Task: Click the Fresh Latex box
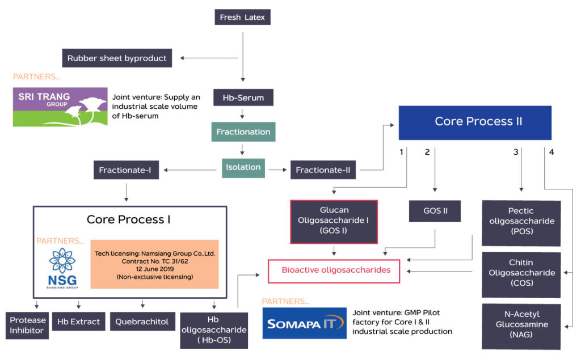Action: tap(242, 18)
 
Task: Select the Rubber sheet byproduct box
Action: tap(117, 58)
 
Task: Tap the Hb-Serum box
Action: tap(243, 98)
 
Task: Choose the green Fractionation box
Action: tap(243, 132)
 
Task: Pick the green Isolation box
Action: tap(243, 167)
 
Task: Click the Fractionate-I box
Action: tap(125, 170)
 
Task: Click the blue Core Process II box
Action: tap(474, 122)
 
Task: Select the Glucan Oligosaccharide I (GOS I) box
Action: tap(334, 221)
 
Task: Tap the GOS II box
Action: tap(435, 211)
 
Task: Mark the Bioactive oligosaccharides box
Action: tap(336, 270)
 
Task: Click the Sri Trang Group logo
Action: tap(60, 106)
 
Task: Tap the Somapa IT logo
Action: tap(304, 323)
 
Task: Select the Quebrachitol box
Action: tap(142, 321)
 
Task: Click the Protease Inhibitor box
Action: tap(28, 325)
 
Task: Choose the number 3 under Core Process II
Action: tap(516, 152)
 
